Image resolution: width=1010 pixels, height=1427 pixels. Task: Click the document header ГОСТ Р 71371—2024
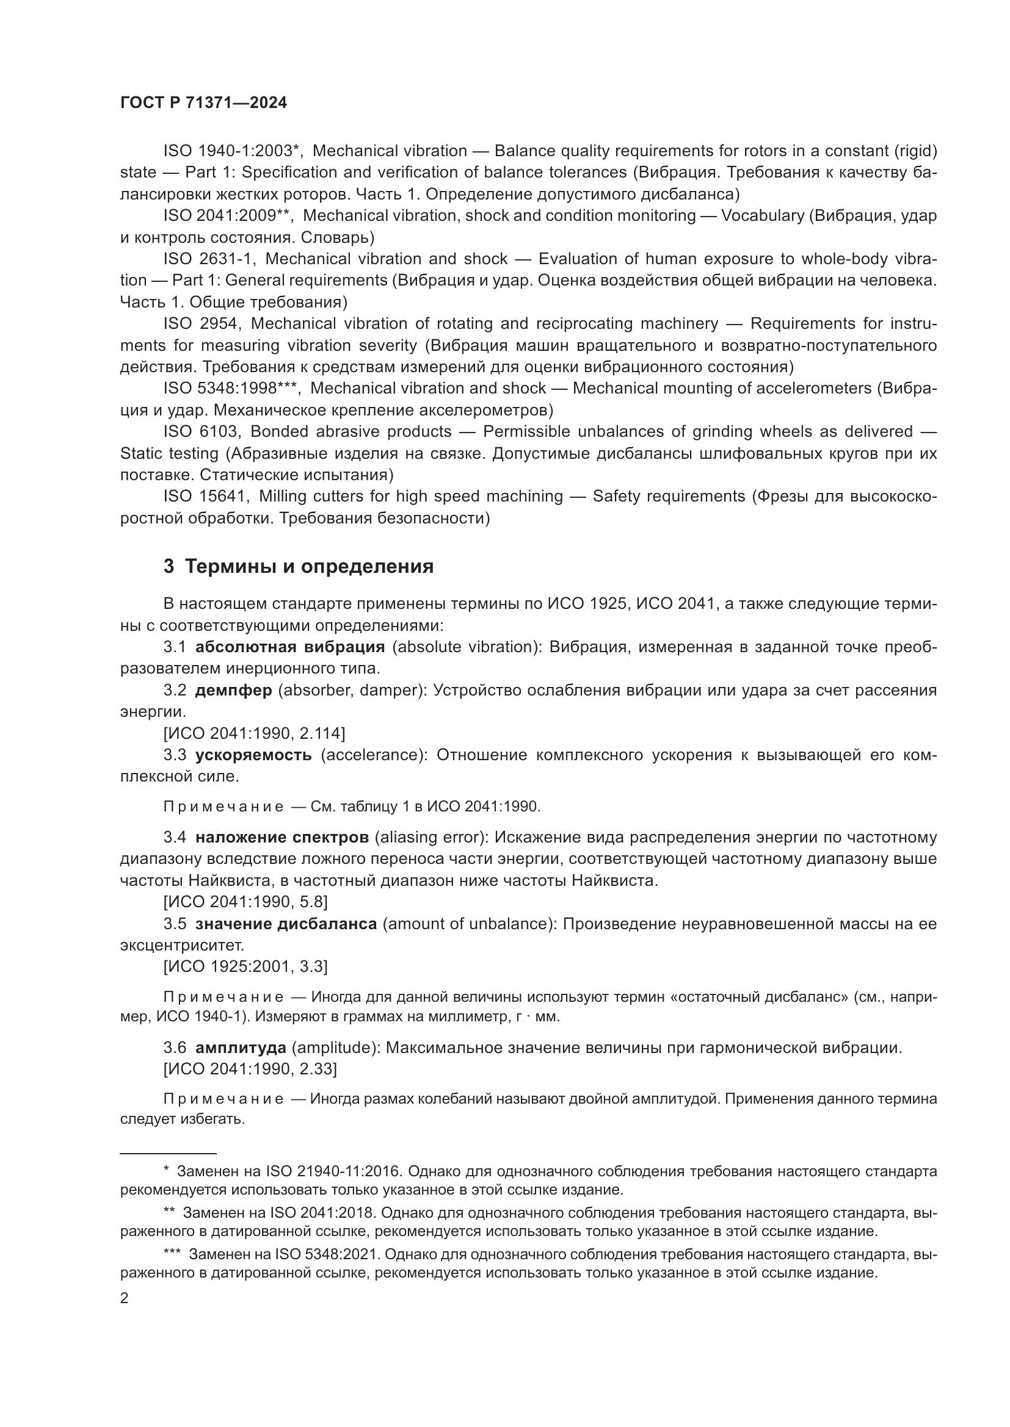point(203,103)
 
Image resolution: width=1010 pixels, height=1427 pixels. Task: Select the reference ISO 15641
point(206,496)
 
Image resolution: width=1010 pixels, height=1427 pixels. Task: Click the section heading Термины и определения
point(309,566)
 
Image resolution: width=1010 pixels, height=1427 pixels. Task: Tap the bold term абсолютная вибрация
point(290,647)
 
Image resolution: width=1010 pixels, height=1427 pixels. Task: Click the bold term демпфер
point(233,690)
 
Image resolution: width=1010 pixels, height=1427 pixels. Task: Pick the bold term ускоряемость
point(253,755)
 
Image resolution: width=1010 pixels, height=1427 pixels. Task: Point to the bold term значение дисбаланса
point(286,924)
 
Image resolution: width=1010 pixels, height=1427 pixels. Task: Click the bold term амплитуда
point(240,1048)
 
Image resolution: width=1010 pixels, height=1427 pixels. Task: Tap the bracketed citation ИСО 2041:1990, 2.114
point(254,733)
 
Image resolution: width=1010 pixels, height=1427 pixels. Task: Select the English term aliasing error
point(430,837)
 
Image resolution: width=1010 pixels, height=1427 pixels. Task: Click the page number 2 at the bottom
point(125,1298)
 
